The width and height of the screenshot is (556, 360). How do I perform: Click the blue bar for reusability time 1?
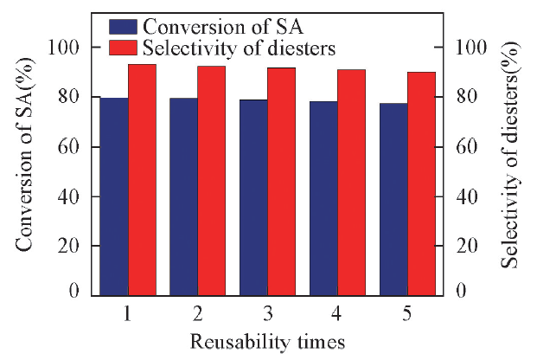coord(114,196)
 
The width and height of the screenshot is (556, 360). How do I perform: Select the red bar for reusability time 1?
coord(142,179)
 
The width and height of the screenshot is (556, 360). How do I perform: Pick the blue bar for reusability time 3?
coord(253,197)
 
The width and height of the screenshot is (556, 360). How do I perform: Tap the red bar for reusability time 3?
coord(282,181)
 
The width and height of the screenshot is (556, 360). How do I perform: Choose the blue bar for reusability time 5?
coord(393,199)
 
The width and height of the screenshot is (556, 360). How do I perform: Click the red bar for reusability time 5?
coord(421,183)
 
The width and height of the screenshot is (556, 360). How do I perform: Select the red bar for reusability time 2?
coord(212,180)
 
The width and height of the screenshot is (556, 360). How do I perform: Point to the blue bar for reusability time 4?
coord(323,198)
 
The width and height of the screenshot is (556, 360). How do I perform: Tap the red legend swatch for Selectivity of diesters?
coord(124,48)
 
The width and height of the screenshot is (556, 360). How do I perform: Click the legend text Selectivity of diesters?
coord(239,48)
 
